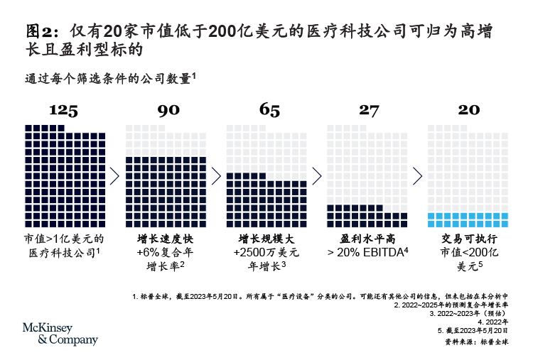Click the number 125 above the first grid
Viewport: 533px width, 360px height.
point(63,110)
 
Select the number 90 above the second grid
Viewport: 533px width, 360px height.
point(164,110)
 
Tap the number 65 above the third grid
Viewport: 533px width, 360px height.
point(265,110)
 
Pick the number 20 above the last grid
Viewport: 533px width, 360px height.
point(468,110)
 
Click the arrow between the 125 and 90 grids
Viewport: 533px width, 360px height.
point(114,176)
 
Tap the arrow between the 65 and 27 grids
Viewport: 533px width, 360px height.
point(316,176)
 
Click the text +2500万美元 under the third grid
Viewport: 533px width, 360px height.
point(266,252)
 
